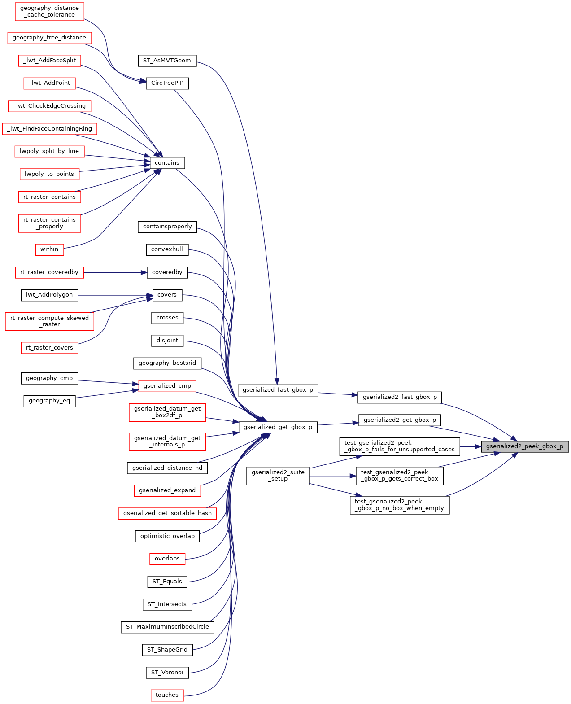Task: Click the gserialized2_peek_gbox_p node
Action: click(525, 446)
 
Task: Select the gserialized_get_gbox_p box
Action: click(278, 427)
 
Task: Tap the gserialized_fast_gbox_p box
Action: click(278, 390)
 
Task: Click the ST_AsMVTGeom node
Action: click(167, 61)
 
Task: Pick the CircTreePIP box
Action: click(167, 83)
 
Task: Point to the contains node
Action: click(167, 163)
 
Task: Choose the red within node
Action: click(49, 249)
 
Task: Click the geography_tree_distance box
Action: click(49, 38)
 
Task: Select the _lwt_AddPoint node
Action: click(49, 83)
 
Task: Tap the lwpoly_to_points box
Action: click(49, 174)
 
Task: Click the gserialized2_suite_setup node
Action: click(278, 476)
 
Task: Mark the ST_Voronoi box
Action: click(167, 673)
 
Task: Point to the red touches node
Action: click(167, 695)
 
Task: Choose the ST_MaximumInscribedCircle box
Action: click(167, 627)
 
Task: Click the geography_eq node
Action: click(49, 401)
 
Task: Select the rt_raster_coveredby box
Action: click(49, 272)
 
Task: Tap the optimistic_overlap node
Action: click(167, 536)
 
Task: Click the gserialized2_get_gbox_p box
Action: click(400, 420)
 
